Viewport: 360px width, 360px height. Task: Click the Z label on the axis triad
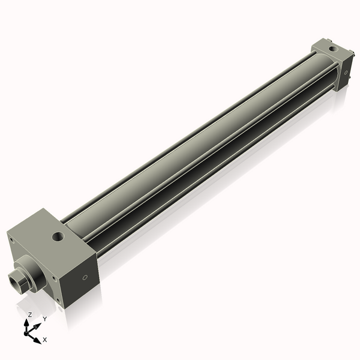[30, 314]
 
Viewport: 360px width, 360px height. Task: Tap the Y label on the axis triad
[44, 319]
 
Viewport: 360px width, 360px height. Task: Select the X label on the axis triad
[45, 340]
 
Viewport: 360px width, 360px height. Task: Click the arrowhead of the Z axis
[28, 322]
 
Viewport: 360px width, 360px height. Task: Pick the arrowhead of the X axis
[38, 339]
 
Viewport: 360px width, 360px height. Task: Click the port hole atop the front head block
[59, 236]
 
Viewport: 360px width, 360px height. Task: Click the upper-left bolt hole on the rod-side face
[11, 239]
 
